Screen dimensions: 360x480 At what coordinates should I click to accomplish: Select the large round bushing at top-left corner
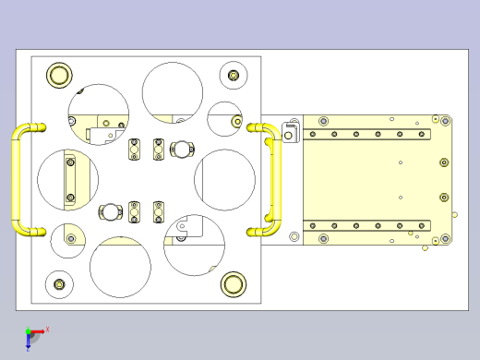tap(59, 75)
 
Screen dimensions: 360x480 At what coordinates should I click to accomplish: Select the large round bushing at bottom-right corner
tap(233, 284)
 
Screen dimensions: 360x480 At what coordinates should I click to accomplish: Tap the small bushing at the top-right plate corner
tap(234, 74)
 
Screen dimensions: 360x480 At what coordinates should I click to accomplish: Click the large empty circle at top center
tap(172, 91)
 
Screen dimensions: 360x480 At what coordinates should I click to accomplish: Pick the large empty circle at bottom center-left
tap(120, 267)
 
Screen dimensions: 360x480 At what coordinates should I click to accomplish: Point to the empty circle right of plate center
tap(224, 178)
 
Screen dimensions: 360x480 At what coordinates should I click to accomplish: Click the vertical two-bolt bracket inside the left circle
tap(70, 179)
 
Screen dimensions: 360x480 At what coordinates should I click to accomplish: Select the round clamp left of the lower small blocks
tap(112, 211)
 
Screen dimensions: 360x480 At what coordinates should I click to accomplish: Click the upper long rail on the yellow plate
tap(369, 135)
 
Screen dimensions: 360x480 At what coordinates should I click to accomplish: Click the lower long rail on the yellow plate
tap(369, 225)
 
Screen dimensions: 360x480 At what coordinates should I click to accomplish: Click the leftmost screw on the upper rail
tap(313, 135)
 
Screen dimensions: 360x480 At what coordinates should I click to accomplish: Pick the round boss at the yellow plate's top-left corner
tap(323, 121)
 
